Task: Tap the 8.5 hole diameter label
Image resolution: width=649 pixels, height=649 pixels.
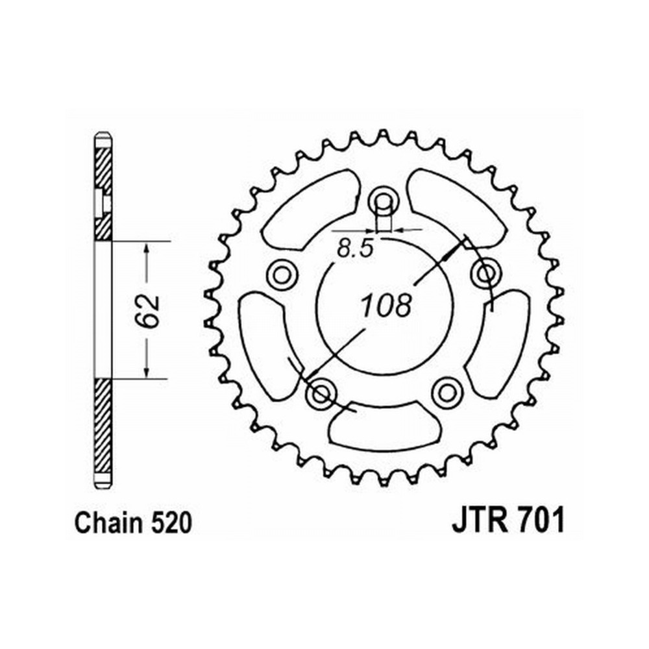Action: coord(355,249)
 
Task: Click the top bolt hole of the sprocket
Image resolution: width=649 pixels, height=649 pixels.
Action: coord(384,202)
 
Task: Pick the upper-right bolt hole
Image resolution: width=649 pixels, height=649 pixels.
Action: coord(485,273)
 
